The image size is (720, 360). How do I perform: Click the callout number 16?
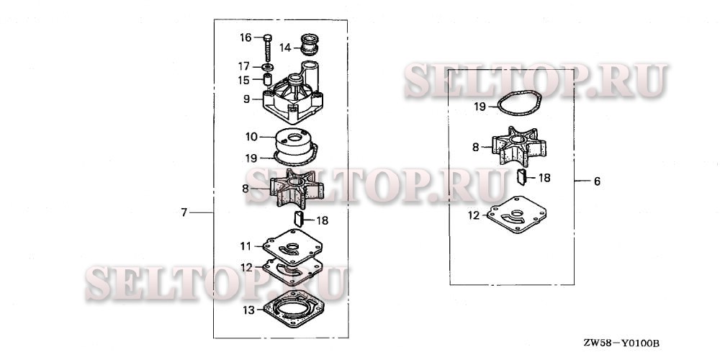click(x=246, y=37)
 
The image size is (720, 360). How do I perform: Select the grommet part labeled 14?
click(x=309, y=45)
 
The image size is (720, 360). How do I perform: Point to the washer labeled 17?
click(x=267, y=68)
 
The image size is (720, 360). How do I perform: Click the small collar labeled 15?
click(x=267, y=79)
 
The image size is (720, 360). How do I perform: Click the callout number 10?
click(x=251, y=137)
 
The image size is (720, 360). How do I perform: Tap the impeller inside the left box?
click(x=296, y=187)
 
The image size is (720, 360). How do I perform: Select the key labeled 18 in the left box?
click(x=299, y=219)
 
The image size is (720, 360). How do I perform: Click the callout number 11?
click(x=246, y=246)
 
